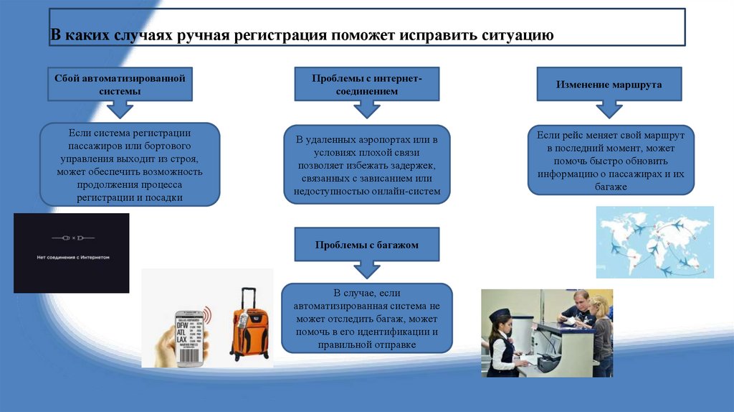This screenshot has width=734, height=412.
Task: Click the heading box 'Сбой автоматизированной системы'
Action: (x=120, y=84)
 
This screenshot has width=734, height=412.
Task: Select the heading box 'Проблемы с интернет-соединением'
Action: (x=366, y=84)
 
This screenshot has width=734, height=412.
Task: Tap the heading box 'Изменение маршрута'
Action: (x=609, y=84)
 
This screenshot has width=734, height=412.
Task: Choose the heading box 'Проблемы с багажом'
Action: (x=366, y=245)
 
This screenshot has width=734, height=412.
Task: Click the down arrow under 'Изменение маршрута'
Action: (x=610, y=109)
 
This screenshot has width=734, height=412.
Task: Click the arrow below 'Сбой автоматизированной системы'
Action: (x=120, y=109)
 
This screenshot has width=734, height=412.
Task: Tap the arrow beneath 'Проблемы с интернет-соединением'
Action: (x=367, y=109)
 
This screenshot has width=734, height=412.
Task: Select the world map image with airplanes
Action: (x=654, y=242)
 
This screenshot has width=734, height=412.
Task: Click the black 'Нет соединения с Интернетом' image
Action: (x=71, y=253)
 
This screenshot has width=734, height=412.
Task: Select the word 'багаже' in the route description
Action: (x=611, y=186)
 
